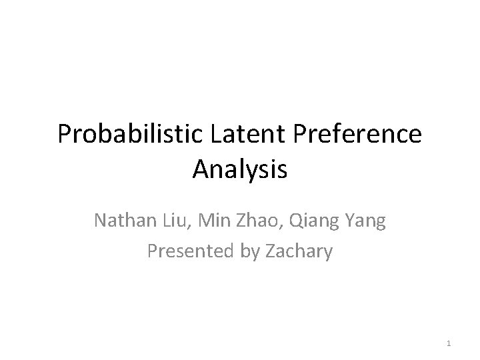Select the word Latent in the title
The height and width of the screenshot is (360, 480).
[239, 135]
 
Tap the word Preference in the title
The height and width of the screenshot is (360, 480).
[353, 135]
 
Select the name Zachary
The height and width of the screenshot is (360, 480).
[296, 251]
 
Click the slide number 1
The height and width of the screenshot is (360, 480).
[449, 344]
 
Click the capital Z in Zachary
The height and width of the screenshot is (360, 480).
[264, 251]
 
